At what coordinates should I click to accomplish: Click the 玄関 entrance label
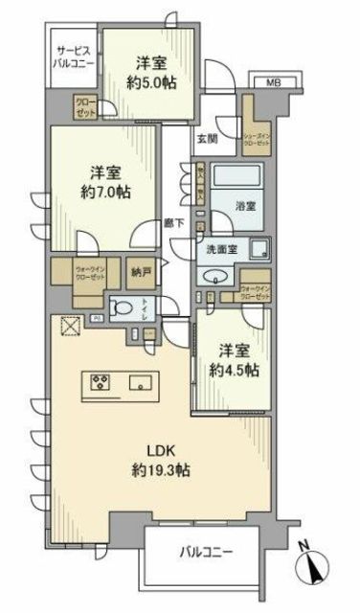click(208, 139)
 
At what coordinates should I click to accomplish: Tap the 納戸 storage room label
click(142, 272)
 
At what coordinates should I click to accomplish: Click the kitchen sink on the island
click(149, 383)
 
